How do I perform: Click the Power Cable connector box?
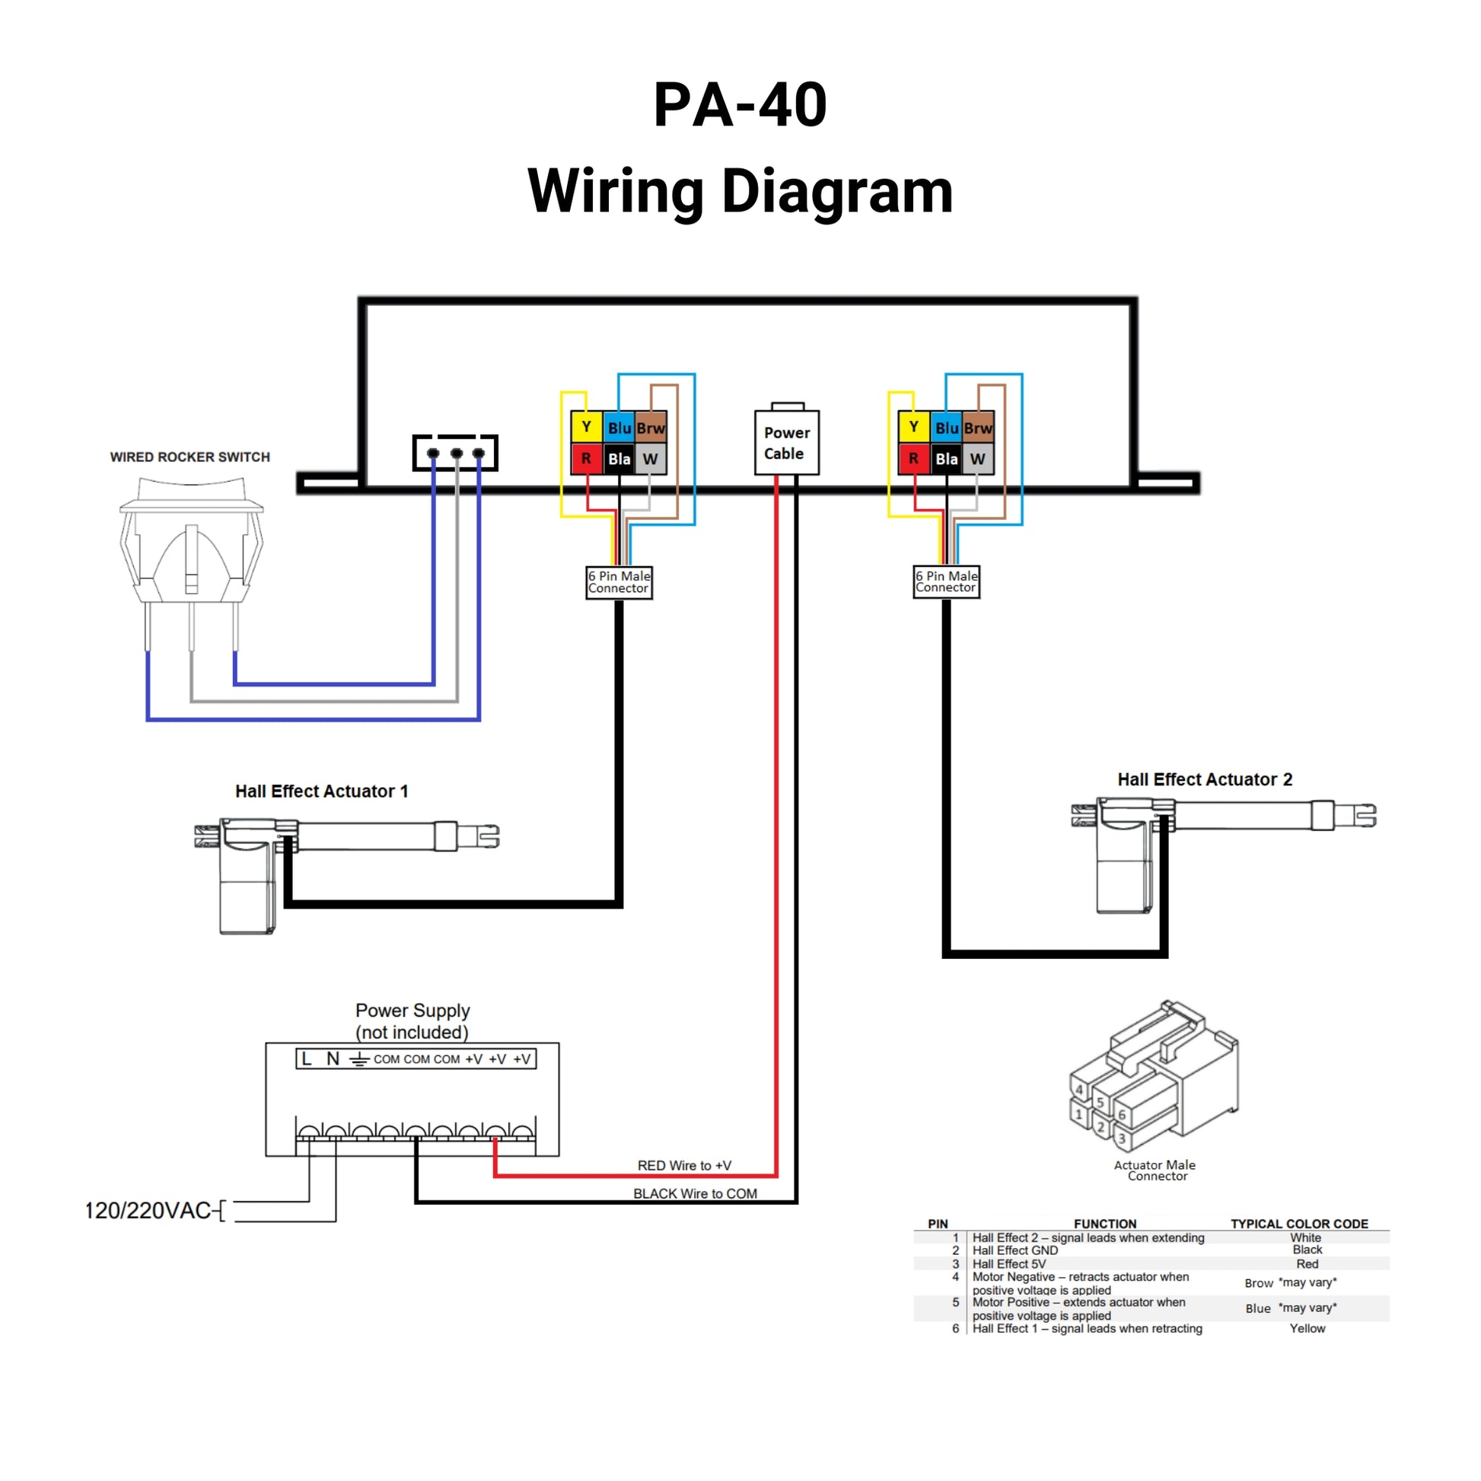(786, 442)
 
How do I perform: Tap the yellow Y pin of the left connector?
(586, 427)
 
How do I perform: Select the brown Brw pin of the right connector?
(977, 428)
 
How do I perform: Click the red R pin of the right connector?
(913, 458)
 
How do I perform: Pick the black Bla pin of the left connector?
(619, 458)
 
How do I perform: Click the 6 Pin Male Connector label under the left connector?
(619, 581)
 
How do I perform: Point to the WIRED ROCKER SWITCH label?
(190, 457)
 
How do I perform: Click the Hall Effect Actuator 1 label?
(321, 791)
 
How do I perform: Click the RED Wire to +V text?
(683, 1165)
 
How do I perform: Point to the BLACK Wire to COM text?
(695, 1193)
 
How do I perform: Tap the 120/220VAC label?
(147, 1210)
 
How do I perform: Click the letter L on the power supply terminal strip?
(307, 1059)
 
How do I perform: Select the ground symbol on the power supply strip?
(358, 1060)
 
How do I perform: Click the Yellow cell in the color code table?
(1306, 1329)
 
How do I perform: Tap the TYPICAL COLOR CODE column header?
(1298, 1224)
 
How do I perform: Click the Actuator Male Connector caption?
(1155, 1170)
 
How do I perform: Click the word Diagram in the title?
(837, 191)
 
